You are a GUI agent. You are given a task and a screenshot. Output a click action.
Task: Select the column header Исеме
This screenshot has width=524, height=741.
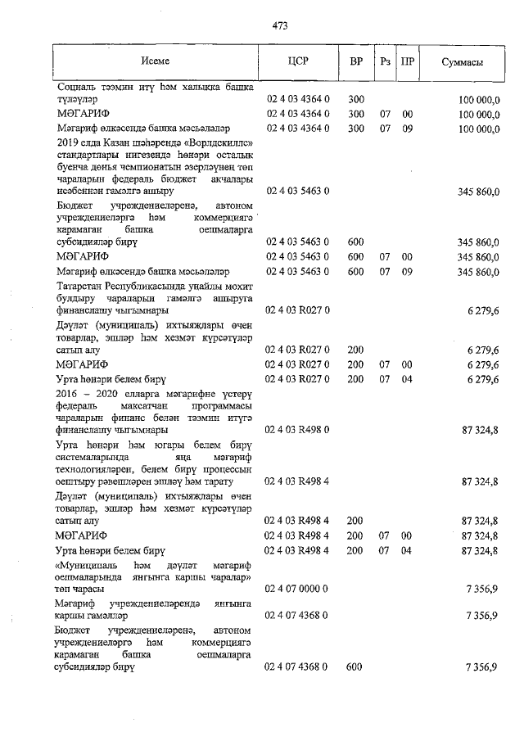click(155, 62)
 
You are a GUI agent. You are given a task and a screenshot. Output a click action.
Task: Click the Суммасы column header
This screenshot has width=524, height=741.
click(461, 62)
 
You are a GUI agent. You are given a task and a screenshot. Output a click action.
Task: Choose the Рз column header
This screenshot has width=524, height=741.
click(384, 62)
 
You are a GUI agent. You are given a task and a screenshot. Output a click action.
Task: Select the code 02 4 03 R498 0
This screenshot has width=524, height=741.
click(297, 429)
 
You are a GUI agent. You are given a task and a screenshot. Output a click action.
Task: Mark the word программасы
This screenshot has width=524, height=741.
click(219, 405)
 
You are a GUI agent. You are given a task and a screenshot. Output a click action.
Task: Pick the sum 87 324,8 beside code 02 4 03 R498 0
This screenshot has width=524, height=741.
click(481, 429)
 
